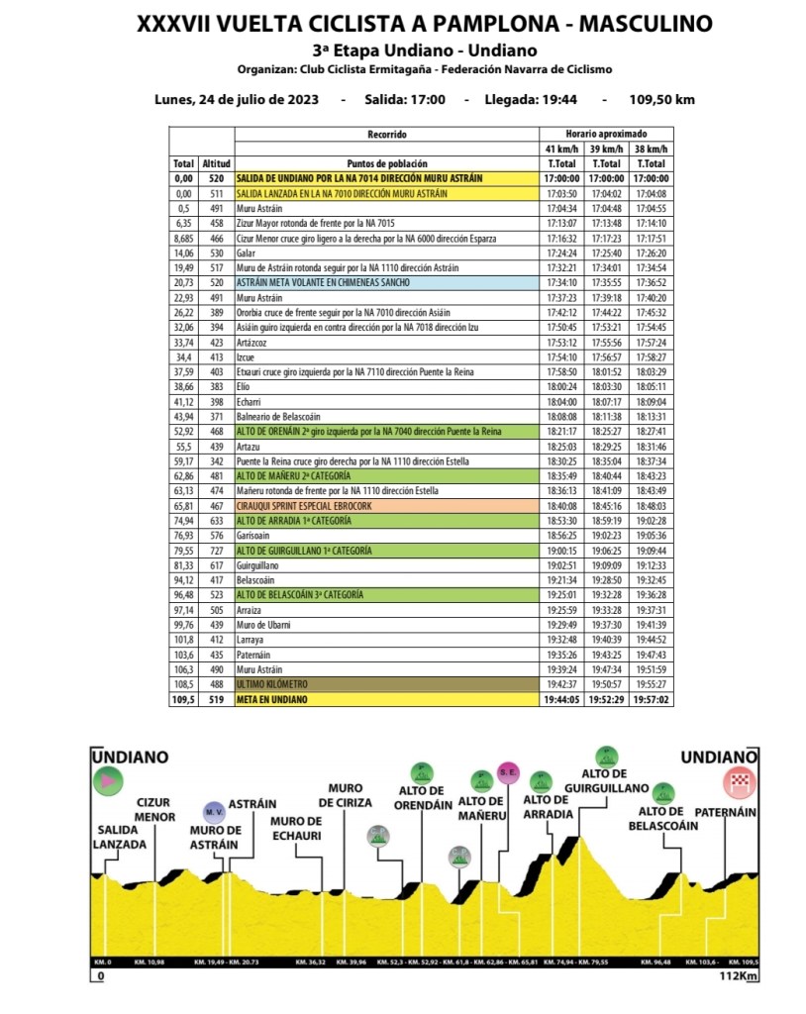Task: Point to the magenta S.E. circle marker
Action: pyautogui.click(x=507, y=771)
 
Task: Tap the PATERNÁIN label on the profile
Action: pyautogui.click(x=725, y=812)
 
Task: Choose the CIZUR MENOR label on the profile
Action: pyautogui.click(x=155, y=810)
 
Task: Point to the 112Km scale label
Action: pyautogui.click(x=739, y=976)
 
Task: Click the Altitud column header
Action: pyautogui.click(x=216, y=162)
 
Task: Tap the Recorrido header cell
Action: pyautogui.click(x=386, y=134)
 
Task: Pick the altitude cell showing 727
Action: pyautogui.click(x=216, y=551)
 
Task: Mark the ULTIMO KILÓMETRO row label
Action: pyautogui.click(x=273, y=684)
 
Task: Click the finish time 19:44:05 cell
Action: pyautogui.click(x=561, y=699)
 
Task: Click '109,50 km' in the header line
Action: pyautogui.click(x=661, y=99)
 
